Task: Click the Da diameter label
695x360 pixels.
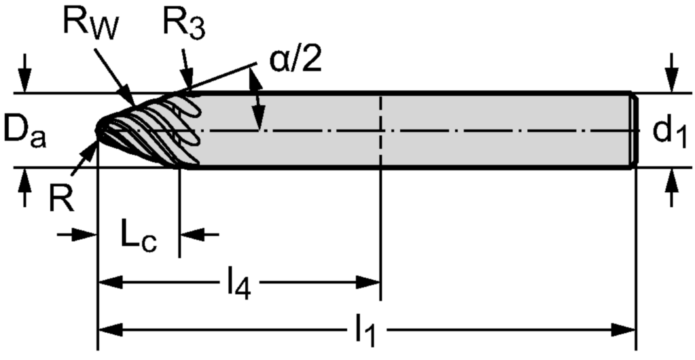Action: pos(24,130)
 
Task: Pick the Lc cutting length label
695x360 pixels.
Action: pos(139,236)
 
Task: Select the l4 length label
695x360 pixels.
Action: pos(238,285)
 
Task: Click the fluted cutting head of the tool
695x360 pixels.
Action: pos(153,129)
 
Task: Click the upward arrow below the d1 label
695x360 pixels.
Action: pos(671,184)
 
